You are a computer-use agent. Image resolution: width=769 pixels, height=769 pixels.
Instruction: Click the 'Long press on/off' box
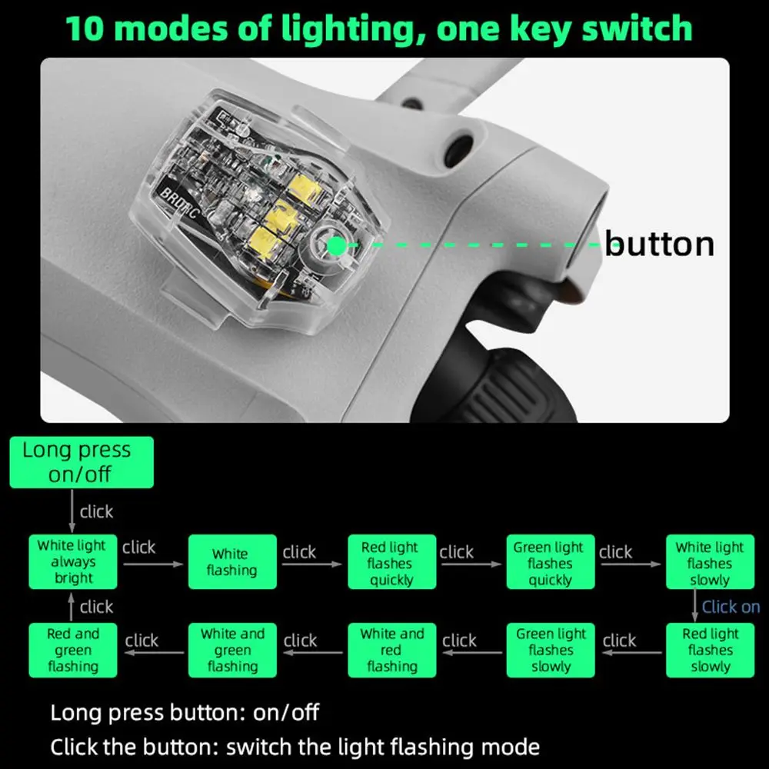click(x=81, y=462)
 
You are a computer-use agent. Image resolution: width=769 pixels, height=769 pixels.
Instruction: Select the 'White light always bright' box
click(x=73, y=562)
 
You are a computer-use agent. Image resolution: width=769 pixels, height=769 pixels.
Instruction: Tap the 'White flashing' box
click(x=232, y=562)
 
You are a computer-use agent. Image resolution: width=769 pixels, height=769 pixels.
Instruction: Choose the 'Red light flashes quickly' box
click(x=391, y=562)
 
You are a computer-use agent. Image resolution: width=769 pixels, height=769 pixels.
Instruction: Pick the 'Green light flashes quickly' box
click(x=550, y=562)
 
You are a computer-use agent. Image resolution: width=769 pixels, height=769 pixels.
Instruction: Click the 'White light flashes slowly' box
click(x=709, y=562)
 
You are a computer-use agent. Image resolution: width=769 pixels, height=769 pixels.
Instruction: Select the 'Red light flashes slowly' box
click(x=709, y=650)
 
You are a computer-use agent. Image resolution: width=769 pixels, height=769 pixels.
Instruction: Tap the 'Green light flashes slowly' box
click(x=550, y=650)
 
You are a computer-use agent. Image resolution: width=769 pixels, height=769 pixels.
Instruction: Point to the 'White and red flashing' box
click(x=391, y=650)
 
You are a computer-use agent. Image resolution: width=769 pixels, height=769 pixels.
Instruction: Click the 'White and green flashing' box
click(x=232, y=650)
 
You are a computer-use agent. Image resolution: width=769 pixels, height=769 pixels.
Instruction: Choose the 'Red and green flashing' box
click(x=73, y=650)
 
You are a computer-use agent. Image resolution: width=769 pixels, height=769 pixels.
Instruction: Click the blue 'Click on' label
click(x=731, y=607)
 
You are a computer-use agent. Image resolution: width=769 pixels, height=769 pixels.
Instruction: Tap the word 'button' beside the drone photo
click(x=659, y=244)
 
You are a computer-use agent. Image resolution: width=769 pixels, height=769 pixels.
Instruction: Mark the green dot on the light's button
click(x=336, y=245)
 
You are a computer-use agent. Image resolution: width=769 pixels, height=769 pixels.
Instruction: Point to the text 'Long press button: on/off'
click(x=185, y=712)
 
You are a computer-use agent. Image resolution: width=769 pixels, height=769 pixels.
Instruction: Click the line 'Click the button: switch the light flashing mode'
click(x=295, y=747)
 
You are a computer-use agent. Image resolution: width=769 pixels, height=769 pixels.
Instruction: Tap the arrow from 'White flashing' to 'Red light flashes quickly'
click(x=311, y=564)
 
